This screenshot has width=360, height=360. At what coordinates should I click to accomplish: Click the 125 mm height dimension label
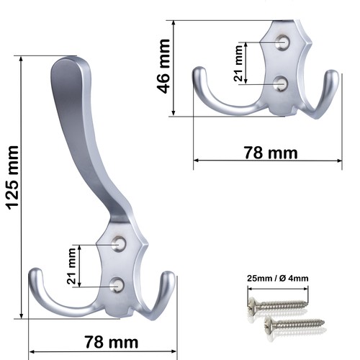pyautogui.click(x=12, y=178)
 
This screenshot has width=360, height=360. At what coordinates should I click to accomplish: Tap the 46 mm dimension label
pyautogui.click(x=163, y=66)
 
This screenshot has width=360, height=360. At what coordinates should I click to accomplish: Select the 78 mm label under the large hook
pyautogui.click(x=112, y=342)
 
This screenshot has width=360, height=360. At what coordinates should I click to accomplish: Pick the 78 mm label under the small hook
pyautogui.click(x=271, y=153)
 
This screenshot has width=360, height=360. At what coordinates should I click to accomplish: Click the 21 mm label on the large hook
pyautogui.click(x=71, y=266)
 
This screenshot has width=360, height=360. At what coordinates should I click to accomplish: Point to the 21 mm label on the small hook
pyautogui.click(x=238, y=63)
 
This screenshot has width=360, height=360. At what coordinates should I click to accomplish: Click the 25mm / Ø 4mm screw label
pyautogui.click(x=278, y=279)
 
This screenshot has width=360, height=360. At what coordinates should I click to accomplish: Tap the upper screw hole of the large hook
pyautogui.click(x=119, y=244)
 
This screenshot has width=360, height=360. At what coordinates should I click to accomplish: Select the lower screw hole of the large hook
pyautogui.click(x=117, y=285)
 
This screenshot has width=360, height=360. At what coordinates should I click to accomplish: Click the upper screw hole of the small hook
pyautogui.click(x=283, y=42)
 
